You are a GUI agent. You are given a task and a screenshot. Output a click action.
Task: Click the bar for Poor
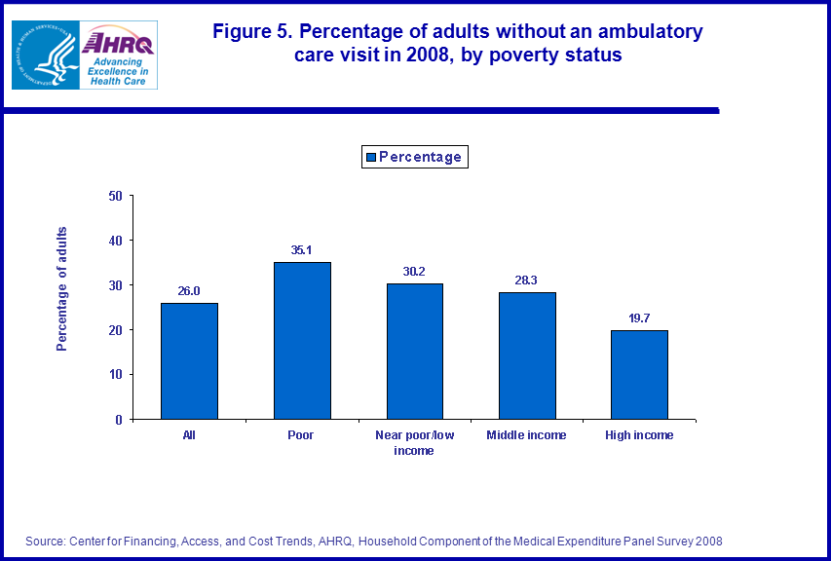click(302, 340)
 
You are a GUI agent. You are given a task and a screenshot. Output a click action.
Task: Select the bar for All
click(189, 360)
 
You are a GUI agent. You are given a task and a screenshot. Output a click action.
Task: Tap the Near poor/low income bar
click(414, 351)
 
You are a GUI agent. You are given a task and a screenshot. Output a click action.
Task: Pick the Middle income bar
click(527, 355)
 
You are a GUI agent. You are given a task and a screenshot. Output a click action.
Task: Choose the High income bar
click(639, 374)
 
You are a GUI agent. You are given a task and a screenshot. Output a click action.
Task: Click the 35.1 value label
click(302, 250)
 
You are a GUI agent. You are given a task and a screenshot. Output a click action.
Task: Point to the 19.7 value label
click(639, 318)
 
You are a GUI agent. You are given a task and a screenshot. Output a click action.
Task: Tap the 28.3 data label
click(527, 280)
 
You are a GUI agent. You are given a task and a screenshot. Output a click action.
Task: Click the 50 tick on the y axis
click(115, 196)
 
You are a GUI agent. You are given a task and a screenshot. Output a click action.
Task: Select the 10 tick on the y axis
click(115, 375)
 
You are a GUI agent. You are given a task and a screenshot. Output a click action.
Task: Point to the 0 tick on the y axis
click(118, 420)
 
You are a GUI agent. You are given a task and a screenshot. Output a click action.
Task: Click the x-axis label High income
click(639, 435)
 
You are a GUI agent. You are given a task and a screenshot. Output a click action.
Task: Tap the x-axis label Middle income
click(527, 435)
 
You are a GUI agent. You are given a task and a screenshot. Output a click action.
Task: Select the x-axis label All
click(189, 435)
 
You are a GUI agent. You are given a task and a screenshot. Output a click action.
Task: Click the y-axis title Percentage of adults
click(62, 288)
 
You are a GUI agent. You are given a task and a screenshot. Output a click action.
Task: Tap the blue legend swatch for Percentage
click(371, 157)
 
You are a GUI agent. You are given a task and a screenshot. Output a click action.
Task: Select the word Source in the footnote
click(46, 542)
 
